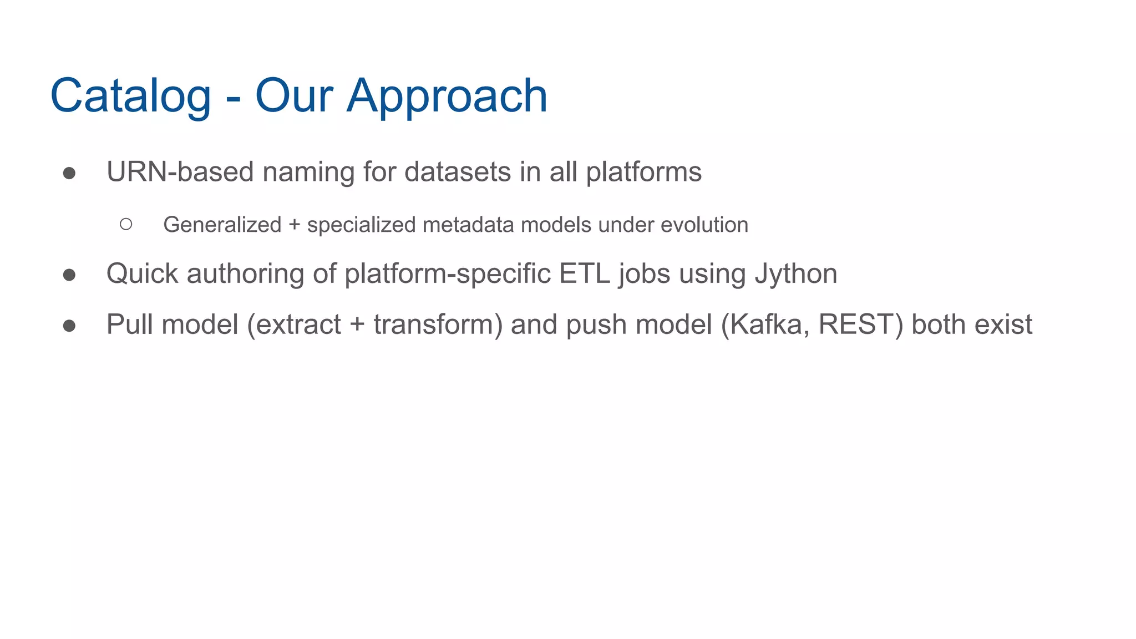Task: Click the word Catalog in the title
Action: point(130,96)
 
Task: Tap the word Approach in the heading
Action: point(447,96)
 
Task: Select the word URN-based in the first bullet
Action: point(180,172)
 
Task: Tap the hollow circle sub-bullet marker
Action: point(126,224)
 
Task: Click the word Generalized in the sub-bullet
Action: point(222,225)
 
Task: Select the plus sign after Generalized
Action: point(294,225)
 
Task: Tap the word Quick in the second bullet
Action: point(143,274)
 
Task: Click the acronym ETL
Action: point(584,274)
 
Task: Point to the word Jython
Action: point(796,274)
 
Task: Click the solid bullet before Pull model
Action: point(69,326)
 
